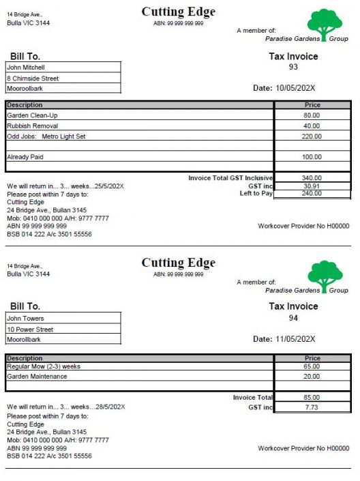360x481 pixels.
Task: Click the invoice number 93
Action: pos(293,67)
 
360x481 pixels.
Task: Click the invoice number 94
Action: pos(293,317)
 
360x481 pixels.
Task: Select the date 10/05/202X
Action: pos(295,88)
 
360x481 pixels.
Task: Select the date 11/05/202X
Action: pos(295,339)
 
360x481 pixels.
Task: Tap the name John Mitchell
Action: pos(26,68)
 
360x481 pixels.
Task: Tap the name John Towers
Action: pos(25,319)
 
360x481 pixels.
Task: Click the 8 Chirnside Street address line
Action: pos(33,78)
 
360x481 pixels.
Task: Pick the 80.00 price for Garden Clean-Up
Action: pos(312,116)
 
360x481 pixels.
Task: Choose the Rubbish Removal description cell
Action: pos(33,126)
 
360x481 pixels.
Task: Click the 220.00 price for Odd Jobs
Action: pos(312,136)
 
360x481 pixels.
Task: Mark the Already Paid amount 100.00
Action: pos(312,158)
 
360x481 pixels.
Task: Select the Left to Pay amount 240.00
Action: pos(312,194)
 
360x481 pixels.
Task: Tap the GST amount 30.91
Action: pos(312,186)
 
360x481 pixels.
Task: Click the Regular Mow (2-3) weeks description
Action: pos(44,366)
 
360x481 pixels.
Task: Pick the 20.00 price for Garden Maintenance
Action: pos(312,377)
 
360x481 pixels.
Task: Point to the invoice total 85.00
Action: pos(312,398)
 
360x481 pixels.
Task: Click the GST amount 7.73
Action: pos(312,407)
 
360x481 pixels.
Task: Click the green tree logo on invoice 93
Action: pos(325,23)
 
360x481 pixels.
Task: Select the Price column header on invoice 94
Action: pos(312,358)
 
